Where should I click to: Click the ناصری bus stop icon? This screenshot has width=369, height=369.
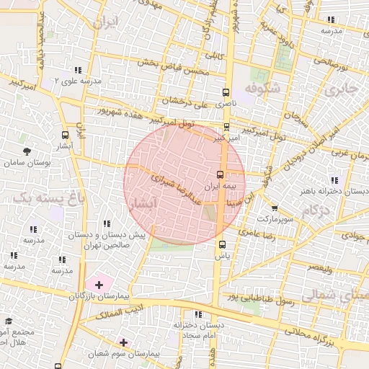(226, 92)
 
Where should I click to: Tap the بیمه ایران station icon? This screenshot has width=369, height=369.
(221, 174)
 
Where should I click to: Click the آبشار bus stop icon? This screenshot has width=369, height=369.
(66, 134)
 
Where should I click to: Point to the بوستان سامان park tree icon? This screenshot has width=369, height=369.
(27, 152)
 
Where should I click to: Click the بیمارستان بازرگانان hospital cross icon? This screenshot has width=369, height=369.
(99, 285)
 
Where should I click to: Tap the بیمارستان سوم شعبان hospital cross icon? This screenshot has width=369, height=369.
(124, 342)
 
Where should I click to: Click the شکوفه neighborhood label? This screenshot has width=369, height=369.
(261, 87)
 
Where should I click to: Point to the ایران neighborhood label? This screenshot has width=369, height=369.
(104, 21)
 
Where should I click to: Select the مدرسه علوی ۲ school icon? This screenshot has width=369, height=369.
(77, 70)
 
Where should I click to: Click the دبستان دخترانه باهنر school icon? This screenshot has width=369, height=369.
(333, 180)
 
